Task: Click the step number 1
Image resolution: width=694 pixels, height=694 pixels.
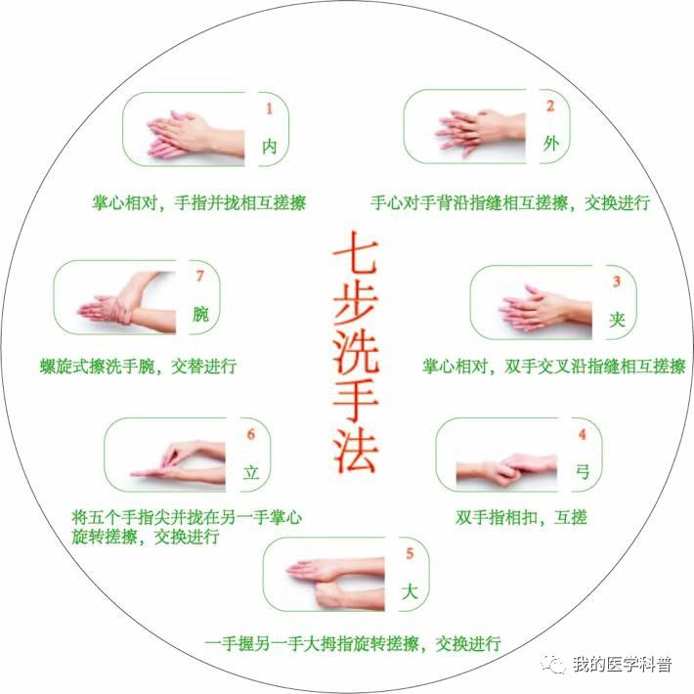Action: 269,108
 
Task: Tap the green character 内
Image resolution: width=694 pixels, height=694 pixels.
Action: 269,146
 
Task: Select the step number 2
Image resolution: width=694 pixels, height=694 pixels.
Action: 550,107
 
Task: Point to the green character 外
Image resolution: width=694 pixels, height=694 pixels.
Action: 550,144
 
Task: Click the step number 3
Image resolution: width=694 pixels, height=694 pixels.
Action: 617,282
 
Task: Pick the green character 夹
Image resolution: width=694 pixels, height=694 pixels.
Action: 617,319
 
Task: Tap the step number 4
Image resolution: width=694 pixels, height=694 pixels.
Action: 583,435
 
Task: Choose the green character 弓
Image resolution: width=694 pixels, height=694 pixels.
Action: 583,472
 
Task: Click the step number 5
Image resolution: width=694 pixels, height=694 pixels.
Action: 410,553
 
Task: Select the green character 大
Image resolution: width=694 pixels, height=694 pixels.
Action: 410,591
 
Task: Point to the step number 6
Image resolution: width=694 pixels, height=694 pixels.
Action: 251,435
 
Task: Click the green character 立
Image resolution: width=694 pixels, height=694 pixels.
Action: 251,472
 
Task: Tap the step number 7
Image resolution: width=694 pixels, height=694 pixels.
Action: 200,277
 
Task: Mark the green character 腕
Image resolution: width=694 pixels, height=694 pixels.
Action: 200,314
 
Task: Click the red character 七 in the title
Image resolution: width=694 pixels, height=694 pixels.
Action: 355,252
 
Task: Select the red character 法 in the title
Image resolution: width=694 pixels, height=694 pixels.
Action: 355,451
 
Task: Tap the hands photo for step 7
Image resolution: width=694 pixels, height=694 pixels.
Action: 127,302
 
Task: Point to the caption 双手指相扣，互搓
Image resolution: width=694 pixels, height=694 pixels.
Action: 521,517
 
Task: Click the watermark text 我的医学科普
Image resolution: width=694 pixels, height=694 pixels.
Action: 623,664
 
